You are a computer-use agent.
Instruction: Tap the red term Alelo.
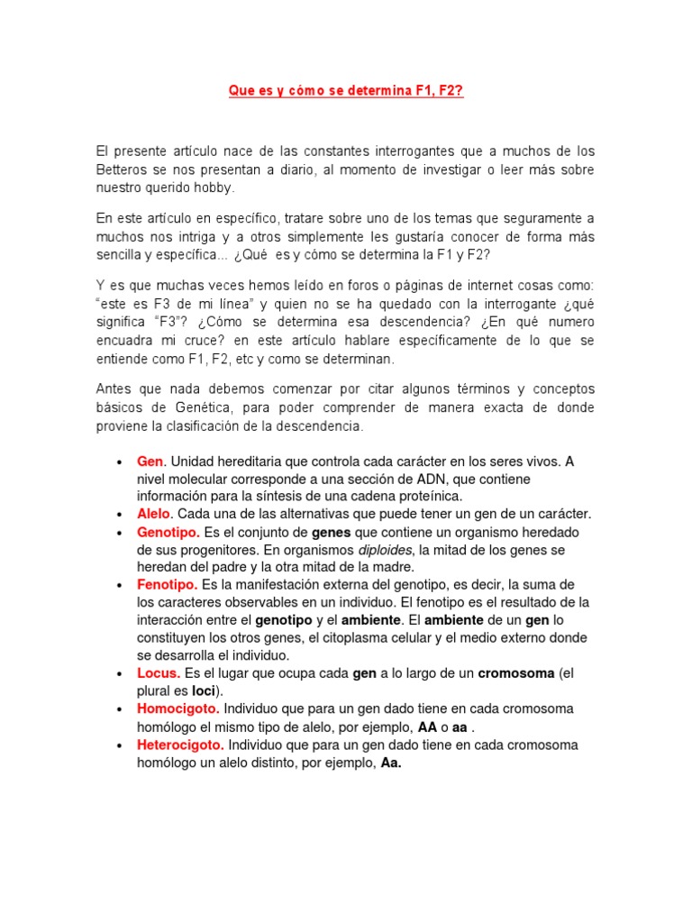[x=154, y=514]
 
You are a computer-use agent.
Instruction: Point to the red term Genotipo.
[x=168, y=532]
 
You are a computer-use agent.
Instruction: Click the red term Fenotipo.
[x=167, y=585]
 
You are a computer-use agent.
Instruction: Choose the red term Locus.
[x=159, y=673]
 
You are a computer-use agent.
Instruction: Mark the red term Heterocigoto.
[x=181, y=745]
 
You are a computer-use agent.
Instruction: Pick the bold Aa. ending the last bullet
[x=391, y=763]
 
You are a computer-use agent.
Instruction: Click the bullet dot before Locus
[x=120, y=673]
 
